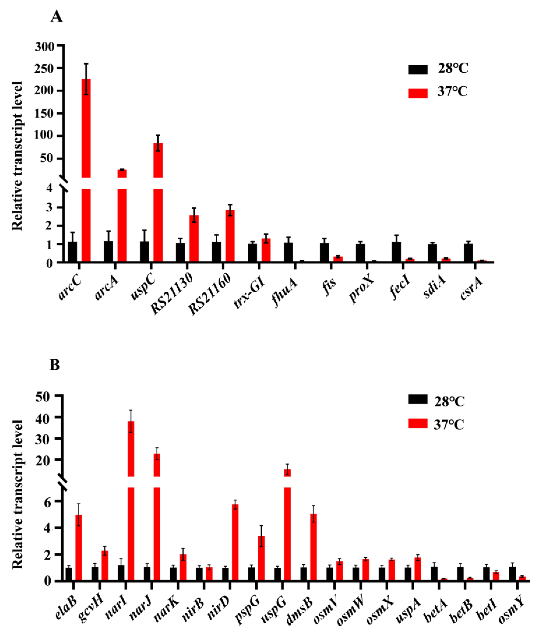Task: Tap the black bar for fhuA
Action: pos(288,252)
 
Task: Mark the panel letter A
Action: pos(56,17)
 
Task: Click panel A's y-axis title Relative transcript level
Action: pos(17,156)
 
